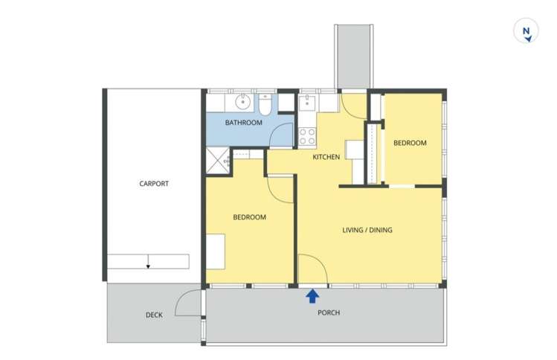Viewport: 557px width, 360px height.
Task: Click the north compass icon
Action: [x=526, y=32]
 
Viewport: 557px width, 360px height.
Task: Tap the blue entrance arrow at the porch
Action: [x=312, y=296]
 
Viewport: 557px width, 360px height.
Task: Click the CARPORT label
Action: [x=153, y=184]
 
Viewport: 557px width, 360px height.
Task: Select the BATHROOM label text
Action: [x=244, y=123]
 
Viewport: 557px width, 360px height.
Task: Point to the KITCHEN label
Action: [x=326, y=157]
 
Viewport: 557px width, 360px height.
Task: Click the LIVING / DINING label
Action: [x=367, y=230]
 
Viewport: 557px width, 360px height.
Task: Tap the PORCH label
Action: [x=328, y=313]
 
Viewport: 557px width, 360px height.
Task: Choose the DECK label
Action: [x=154, y=315]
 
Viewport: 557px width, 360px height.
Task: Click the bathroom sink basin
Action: [x=242, y=102]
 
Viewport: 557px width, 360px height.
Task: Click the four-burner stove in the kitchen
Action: [x=307, y=136]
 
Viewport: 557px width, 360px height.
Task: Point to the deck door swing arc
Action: [x=186, y=301]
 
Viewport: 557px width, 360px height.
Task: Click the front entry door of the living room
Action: [x=312, y=269]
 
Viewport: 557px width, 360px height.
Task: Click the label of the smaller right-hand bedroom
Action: [x=410, y=143]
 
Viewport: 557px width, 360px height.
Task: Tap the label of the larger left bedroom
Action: [x=249, y=217]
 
